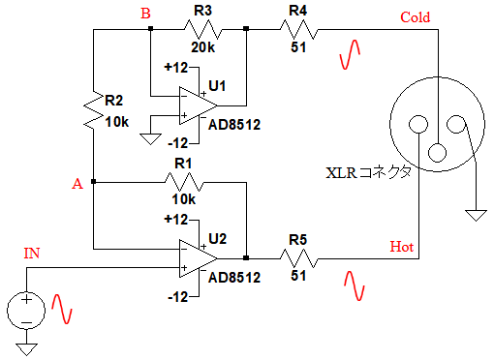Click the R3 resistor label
coord(202,11)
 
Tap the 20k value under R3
coord(202,47)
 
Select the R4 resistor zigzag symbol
coord(299,30)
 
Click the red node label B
coord(145,14)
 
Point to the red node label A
coord(77,184)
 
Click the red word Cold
coord(416,17)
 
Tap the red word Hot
coord(402,247)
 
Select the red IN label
coord(32,254)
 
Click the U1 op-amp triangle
coord(198,105)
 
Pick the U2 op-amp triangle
coord(198,258)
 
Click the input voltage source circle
coord(26,311)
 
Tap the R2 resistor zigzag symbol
coord(93,110)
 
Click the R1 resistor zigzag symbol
coord(184,183)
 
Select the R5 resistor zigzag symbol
coord(299,258)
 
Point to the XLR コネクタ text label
coord(368,172)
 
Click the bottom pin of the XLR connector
coord(438,153)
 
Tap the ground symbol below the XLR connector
coord(476,215)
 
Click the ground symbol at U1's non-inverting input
coord(150,139)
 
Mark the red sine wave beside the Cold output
coord(350,54)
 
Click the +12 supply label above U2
coord(176,220)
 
